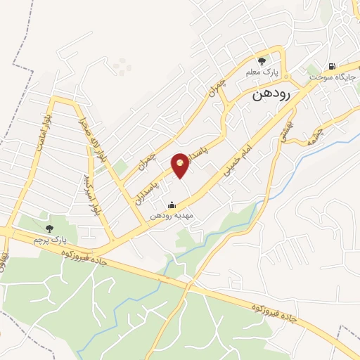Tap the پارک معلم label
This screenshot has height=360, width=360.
pyautogui.click(x=262, y=72)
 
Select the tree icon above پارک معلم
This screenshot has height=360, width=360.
pyautogui.click(x=262, y=60)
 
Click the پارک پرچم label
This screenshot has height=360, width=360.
pyautogui.click(x=48, y=240)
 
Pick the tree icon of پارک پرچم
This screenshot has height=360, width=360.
pyautogui.click(x=49, y=229)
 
